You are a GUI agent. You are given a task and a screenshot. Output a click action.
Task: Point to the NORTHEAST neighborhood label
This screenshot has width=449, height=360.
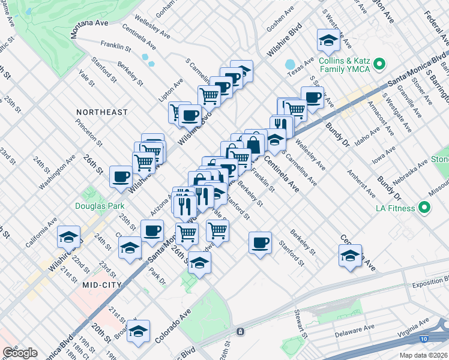[102, 112]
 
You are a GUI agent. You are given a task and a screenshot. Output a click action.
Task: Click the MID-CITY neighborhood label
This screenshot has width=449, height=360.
[103, 284]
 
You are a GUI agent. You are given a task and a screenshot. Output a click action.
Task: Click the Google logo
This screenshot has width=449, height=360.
[20, 353]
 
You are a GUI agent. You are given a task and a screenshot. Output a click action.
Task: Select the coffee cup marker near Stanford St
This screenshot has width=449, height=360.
[260, 242]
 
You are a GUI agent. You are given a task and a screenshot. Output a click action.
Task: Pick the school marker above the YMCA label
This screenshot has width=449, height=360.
[328, 40]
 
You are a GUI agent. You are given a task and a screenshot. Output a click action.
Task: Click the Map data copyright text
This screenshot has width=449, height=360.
[423, 355]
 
